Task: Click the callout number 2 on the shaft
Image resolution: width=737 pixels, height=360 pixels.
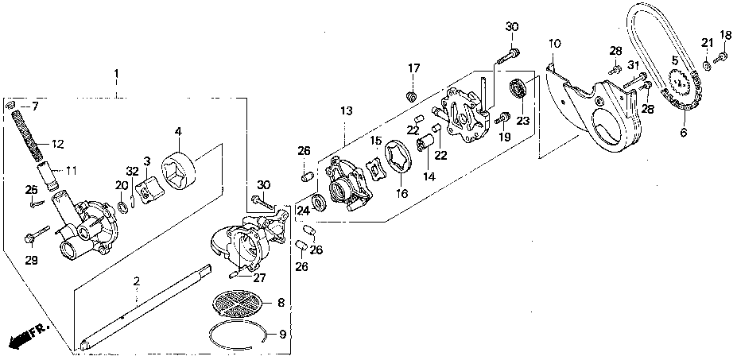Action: [137, 281]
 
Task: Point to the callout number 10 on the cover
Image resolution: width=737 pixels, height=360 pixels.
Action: [554, 41]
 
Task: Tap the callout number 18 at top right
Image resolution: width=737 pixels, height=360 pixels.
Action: [725, 34]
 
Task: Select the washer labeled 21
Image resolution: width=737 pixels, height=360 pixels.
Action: [707, 64]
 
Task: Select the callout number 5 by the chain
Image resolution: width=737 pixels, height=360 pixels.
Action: [674, 60]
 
